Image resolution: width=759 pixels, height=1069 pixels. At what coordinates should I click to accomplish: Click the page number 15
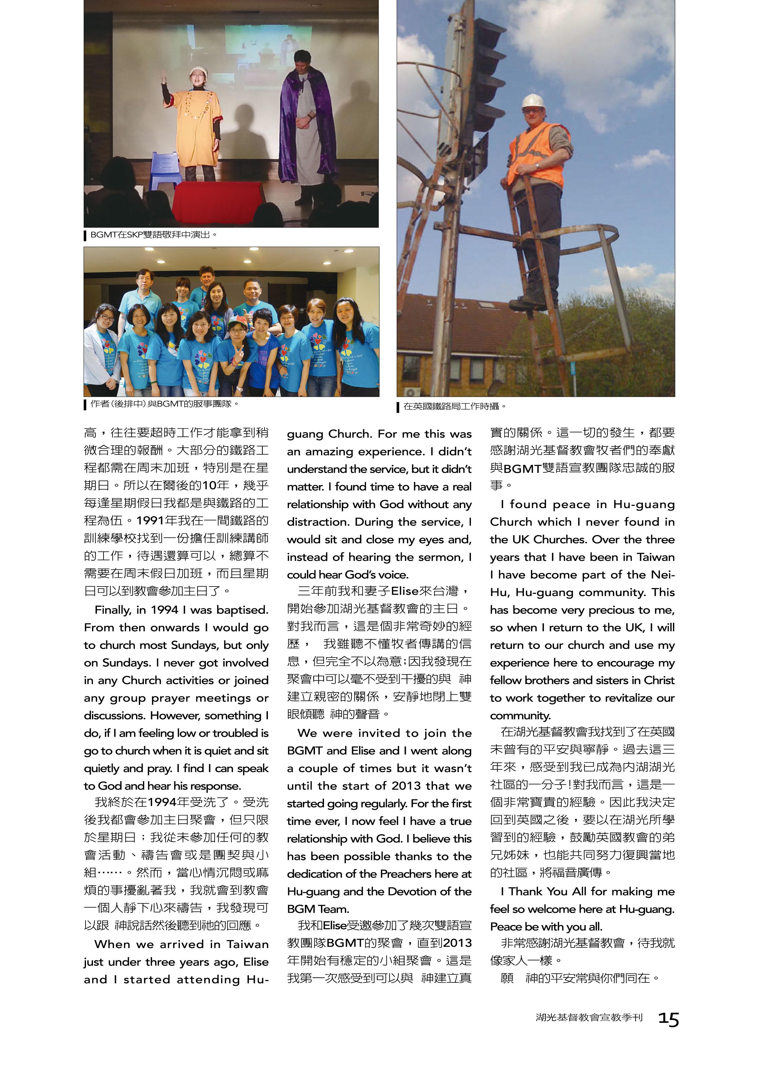pos(668,1019)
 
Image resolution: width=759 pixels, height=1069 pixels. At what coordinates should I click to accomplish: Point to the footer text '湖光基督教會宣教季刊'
pos(589,1018)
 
